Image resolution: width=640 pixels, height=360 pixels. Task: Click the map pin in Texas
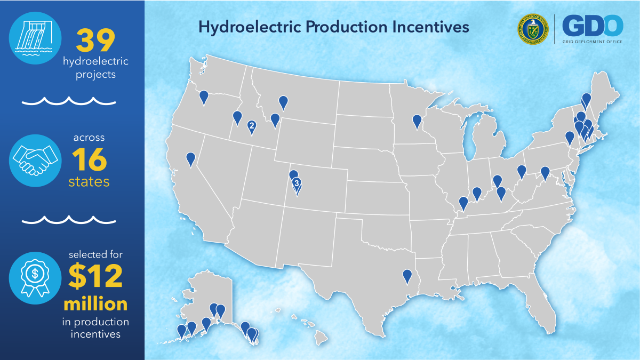click(x=407, y=276)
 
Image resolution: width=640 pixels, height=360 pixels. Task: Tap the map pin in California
click(x=190, y=158)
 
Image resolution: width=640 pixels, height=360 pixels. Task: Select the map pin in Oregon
click(x=204, y=97)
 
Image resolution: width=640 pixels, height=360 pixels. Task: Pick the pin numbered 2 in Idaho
click(x=251, y=126)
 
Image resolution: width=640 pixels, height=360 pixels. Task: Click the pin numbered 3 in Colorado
click(x=297, y=183)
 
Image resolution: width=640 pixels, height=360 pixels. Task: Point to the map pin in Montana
click(x=283, y=101)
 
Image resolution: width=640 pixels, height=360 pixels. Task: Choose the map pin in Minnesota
click(x=417, y=121)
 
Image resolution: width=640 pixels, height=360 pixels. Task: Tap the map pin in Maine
click(x=587, y=99)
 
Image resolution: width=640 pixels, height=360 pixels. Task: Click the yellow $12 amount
click(x=96, y=275)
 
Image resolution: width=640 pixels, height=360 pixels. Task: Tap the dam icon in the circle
click(x=35, y=37)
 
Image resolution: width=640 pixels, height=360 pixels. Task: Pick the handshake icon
click(x=35, y=159)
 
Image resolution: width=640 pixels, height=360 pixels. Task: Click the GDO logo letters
click(x=593, y=25)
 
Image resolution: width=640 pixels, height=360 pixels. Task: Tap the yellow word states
click(x=89, y=181)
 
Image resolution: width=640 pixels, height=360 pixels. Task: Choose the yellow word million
click(x=96, y=304)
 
